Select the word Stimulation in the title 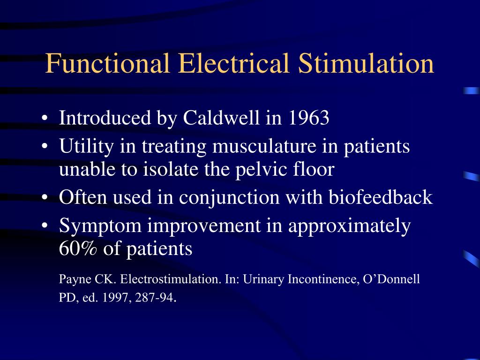click(366, 64)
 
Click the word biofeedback click(380, 197)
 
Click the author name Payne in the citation click(73, 280)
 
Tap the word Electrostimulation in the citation click(170, 279)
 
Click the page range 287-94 click(154, 298)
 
